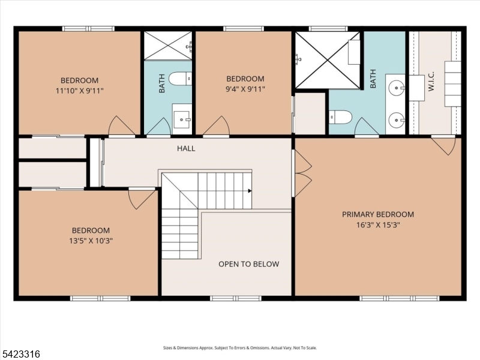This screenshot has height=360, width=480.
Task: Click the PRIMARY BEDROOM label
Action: pyautogui.click(x=378, y=214)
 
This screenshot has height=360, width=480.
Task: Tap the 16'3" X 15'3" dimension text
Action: pyautogui.click(x=378, y=225)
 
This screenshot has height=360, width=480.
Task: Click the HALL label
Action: pyautogui.click(x=186, y=148)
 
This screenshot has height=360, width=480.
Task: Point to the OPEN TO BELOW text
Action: pyautogui.click(x=248, y=264)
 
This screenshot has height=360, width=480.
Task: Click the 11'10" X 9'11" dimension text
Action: pyautogui.click(x=79, y=91)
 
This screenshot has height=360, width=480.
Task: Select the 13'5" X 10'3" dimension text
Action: pyautogui.click(x=91, y=241)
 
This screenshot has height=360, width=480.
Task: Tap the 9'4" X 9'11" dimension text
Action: pyautogui.click(x=245, y=89)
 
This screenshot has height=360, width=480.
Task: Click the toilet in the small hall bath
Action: pyautogui.click(x=179, y=79)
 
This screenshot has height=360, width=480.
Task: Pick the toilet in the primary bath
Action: pyautogui.click(x=340, y=117)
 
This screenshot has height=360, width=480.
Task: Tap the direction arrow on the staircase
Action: pyautogui.click(x=249, y=191)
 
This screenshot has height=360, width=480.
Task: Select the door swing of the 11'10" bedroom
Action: pyautogui.click(x=121, y=126)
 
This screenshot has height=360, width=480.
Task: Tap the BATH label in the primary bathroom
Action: pyautogui.click(x=373, y=78)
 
